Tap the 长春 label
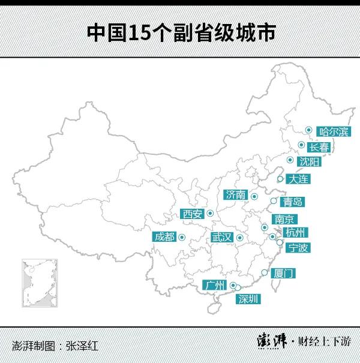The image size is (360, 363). (x=318, y=146)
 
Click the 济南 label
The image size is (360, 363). (x=236, y=194)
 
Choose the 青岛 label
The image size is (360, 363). (x=293, y=202)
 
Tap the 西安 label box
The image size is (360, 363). (x=193, y=214)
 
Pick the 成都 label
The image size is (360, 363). (x=164, y=236)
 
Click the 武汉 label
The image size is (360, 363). (x=221, y=237)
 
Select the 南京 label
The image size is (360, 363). (x=283, y=220)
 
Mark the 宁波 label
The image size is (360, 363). (x=298, y=247)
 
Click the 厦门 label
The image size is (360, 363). (x=284, y=274)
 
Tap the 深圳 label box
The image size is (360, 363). (x=248, y=298)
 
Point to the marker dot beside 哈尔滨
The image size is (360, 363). (x=308, y=130)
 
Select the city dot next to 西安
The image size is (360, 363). (x=211, y=213)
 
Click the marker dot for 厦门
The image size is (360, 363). (x=264, y=273)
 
